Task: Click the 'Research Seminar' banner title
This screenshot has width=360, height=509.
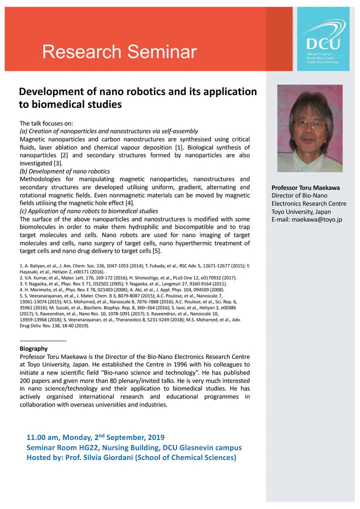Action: tap(119, 51)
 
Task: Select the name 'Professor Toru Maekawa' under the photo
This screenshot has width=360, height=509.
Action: tap(305, 187)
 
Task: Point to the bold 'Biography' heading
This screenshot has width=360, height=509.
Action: tap(33, 348)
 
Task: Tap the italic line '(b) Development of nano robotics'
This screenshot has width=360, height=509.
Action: tap(64, 171)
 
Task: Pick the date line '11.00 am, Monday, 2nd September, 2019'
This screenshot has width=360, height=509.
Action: tap(95, 437)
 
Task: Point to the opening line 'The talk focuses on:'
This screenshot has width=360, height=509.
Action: tap(46, 123)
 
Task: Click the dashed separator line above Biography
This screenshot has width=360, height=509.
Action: tap(43, 340)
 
